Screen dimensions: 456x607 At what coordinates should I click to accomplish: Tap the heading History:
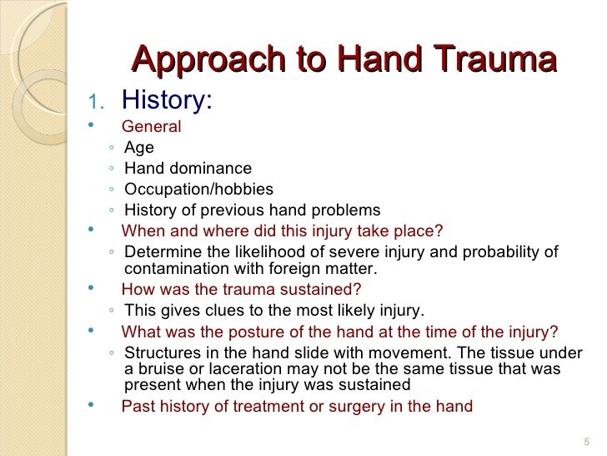[167, 100]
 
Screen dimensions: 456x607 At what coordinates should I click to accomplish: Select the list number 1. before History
[96, 103]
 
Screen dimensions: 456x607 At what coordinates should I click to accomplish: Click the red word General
[151, 127]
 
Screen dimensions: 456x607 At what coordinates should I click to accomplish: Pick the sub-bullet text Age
[138, 149]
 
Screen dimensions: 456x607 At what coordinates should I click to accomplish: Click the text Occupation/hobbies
[198, 190]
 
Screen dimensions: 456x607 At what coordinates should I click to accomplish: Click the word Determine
[158, 253]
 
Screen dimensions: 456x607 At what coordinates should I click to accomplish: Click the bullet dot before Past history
[90, 407]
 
